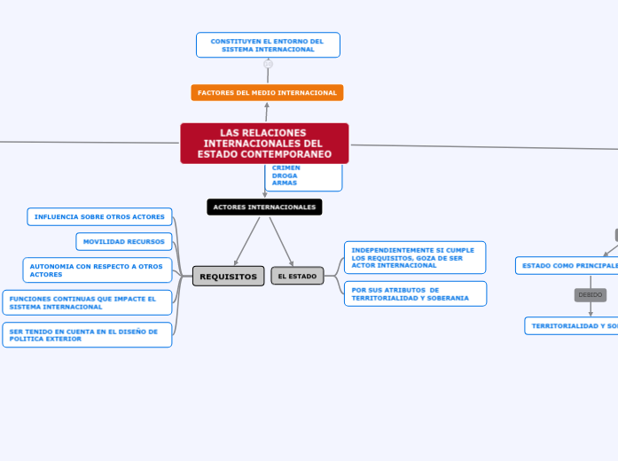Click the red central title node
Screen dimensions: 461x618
coord(264,144)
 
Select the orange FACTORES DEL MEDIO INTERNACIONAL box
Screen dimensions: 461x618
coord(267,92)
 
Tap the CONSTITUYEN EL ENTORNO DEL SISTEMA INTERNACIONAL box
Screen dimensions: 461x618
coord(267,44)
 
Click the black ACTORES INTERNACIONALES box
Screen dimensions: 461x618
coord(264,207)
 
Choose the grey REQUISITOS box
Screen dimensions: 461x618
coord(228,276)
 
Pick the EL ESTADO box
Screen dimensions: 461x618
coord(297,276)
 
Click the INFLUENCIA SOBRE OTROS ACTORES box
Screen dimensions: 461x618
coord(99,216)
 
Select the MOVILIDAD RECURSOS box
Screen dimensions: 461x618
coord(123,241)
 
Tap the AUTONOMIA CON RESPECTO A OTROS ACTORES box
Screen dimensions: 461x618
coord(97,270)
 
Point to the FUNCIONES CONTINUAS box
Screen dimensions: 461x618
coord(87,302)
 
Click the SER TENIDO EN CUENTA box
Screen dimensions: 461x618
coord(87,334)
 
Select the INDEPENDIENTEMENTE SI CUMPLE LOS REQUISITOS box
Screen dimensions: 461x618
coord(414,257)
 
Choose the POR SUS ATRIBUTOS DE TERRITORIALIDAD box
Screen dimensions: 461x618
coord(414,293)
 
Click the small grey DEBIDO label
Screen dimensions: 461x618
coord(590,294)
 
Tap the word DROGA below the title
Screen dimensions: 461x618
coord(285,176)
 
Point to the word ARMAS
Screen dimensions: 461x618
coord(285,184)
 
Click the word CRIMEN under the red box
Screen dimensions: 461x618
coord(286,168)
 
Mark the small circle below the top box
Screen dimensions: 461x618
coord(268,64)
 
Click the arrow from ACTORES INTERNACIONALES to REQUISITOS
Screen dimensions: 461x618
coord(247,240)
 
